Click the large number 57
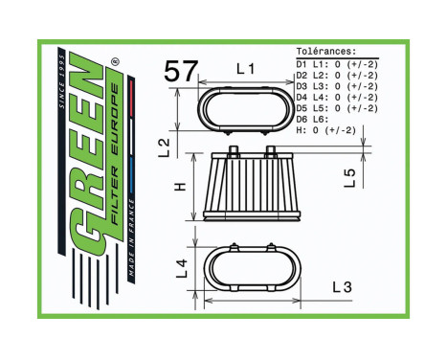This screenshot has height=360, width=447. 180,72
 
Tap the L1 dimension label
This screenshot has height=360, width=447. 246,69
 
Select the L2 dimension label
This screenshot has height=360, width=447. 165,146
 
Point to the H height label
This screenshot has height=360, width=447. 179,186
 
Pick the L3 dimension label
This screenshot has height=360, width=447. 343,286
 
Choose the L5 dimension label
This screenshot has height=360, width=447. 351,177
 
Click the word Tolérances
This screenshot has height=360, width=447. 326,52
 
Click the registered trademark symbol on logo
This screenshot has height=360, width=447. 118,64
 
